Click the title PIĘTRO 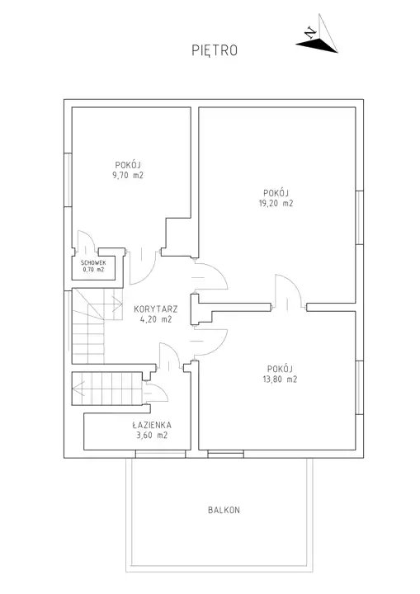pos(215,50)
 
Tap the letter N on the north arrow pos(311,33)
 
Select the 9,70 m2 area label pos(128,176)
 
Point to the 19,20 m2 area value pos(276,203)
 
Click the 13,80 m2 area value pos(280,379)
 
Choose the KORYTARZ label pos(156,309)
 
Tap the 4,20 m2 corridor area pos(156,319)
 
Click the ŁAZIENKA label pos(152,425)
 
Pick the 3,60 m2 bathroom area pos(152,436)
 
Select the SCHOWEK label pos(93,263)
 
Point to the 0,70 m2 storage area pos(93,270)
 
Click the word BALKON pos(224,511)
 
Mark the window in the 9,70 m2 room pos(68,180)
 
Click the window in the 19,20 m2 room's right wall pos(359,218)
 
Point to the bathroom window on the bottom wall pos(161,454)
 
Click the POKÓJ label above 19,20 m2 pos(276,193)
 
